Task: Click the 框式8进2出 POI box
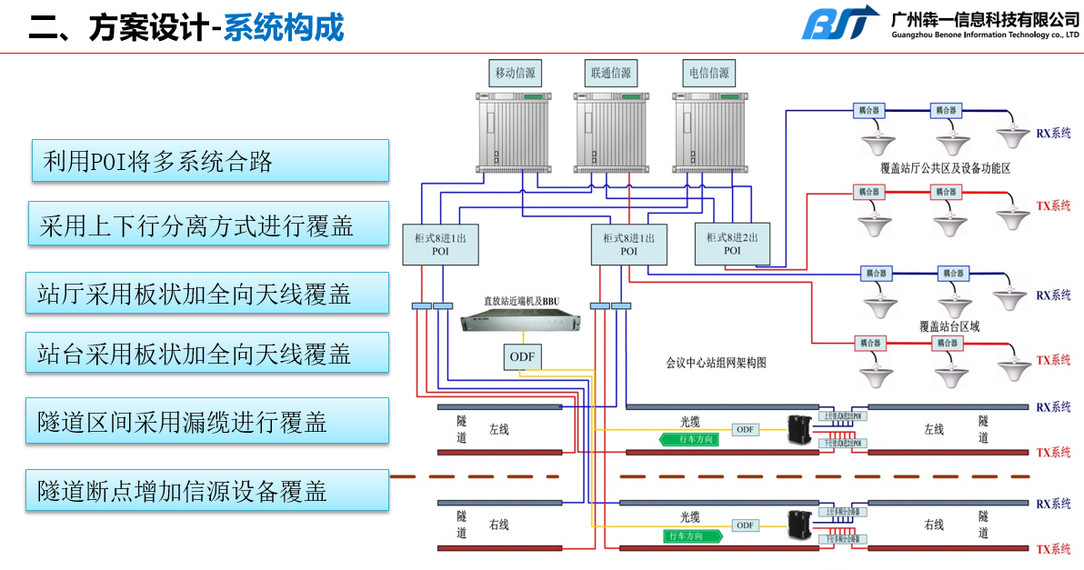coord(732,243)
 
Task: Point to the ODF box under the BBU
coord(522,357)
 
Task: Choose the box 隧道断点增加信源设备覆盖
coord(207,490)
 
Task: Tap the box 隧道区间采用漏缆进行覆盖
coord(207,422)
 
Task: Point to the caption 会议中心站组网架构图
coord(717,362)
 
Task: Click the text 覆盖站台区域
coord(948,325)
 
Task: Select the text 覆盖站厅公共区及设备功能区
coord(946,168)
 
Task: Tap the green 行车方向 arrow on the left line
coord(690,439)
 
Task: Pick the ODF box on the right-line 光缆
coord(746,525)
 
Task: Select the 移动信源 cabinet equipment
coord(514,132)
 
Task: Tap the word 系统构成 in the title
coord(284,27)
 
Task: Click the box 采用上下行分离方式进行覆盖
coord(207,225)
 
